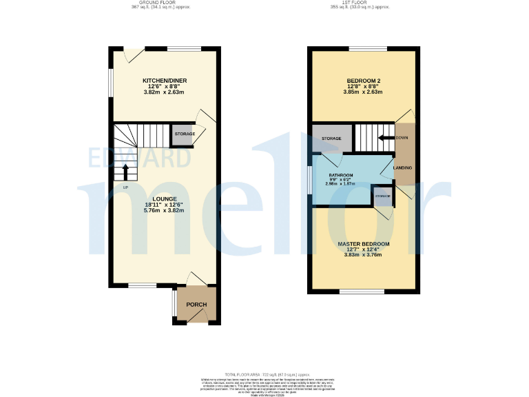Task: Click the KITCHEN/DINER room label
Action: (165, 81)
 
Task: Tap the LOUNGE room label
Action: (165, 199)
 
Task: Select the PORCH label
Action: (197, 305)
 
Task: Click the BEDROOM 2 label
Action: (364, 81)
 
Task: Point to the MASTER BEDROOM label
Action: (363, 244)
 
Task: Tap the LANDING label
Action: (402, 167)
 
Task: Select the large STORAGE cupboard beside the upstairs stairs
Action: (331, 139)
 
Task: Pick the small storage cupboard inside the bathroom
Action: (382, 196)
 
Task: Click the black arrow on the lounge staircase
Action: (125, 169)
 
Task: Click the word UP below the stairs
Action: (125, 187)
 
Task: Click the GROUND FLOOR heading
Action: (160, 3)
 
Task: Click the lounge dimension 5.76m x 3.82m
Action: (165, 210)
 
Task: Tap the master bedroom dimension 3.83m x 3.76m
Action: (363, 255)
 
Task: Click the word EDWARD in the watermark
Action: (140, 158)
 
